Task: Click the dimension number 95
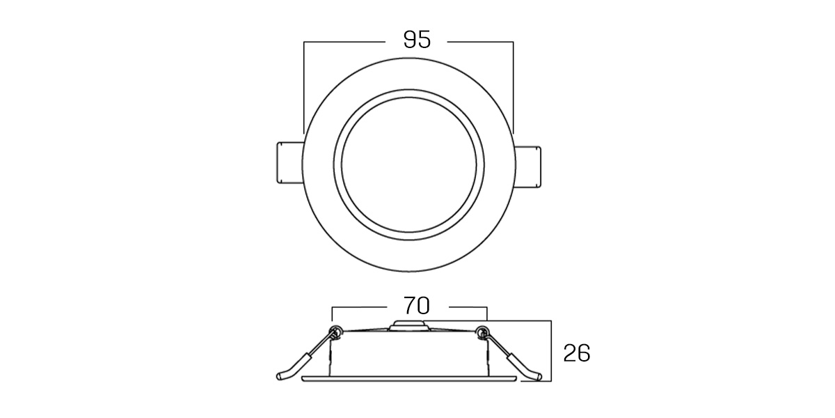point(417,40)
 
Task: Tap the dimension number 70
point(417,306)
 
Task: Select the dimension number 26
point(577,353)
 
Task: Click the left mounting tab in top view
point(289,162)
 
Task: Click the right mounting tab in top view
point(528,167)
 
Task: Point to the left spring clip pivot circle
point(336,331)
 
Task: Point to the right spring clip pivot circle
point(483,331)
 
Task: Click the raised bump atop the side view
point(409,325)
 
